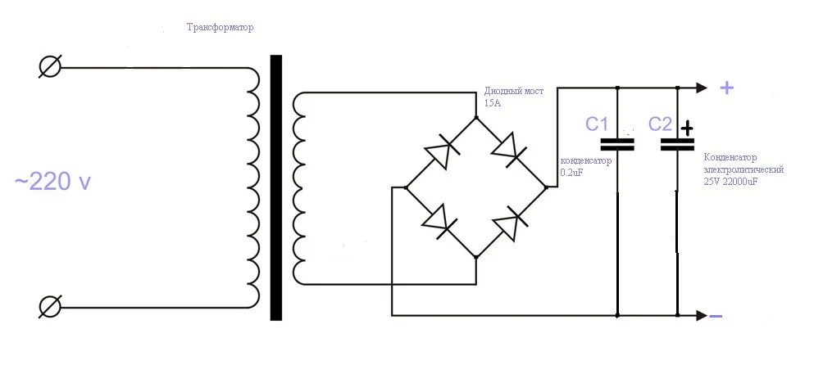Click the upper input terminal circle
coord(50,67)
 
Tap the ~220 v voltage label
coord(52,182)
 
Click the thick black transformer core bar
coord(275,187)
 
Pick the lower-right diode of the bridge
coord(510,223)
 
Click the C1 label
coord(597,124)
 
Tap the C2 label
coord(660,124)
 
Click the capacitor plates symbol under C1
coord(617,145)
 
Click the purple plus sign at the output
coord(726,88)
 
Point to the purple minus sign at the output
coord(715,317)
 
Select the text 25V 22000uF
coord(730,182)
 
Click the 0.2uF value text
coord(571,173)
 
